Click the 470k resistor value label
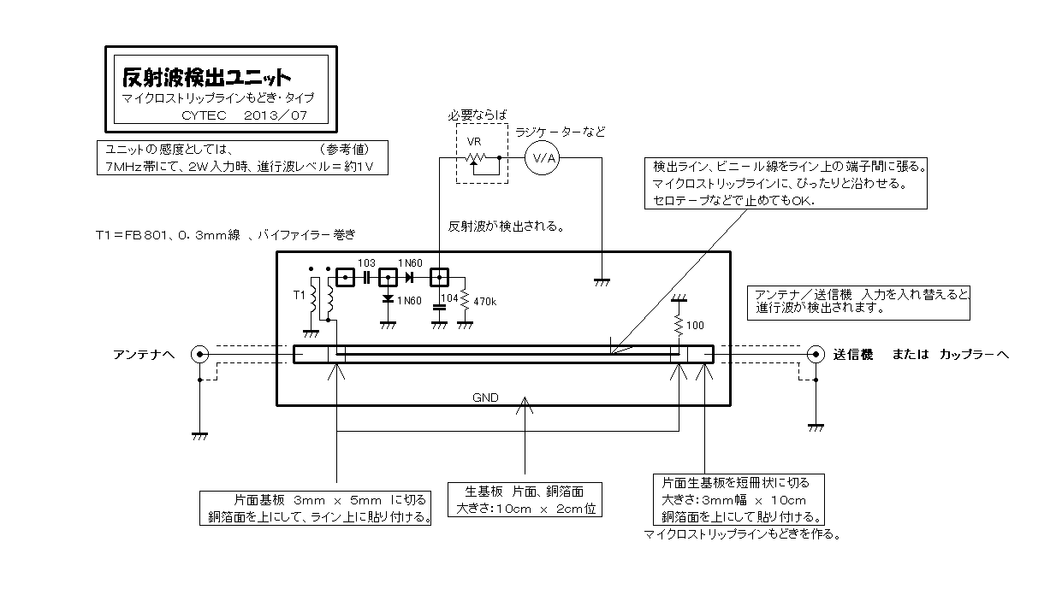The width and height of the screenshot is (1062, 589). click(484, 302)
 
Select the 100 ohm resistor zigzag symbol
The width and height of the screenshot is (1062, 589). click(679, 326)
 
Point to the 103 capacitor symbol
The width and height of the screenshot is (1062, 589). click(366, 278)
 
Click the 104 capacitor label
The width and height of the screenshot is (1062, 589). click(449, 298)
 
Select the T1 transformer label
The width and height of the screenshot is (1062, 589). click(300, 296)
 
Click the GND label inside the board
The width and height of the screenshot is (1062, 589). click(485, 398)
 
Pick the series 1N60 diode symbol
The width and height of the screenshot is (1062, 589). click(409, 278)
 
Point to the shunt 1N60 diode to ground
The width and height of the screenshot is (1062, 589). click(388, 299)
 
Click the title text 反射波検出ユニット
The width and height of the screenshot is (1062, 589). click(206, 77)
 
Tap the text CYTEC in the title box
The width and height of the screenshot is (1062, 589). click(204, 115)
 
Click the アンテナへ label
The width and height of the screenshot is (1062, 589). click(144, 355)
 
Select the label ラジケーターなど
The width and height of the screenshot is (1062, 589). click(561, 133)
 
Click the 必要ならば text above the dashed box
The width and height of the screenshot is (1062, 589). click(477, 115)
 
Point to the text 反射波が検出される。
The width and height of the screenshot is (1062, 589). click(507, 227)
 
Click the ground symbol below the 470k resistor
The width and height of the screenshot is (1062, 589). click(465, 326)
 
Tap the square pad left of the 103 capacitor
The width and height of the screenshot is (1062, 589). click(345, 278)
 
